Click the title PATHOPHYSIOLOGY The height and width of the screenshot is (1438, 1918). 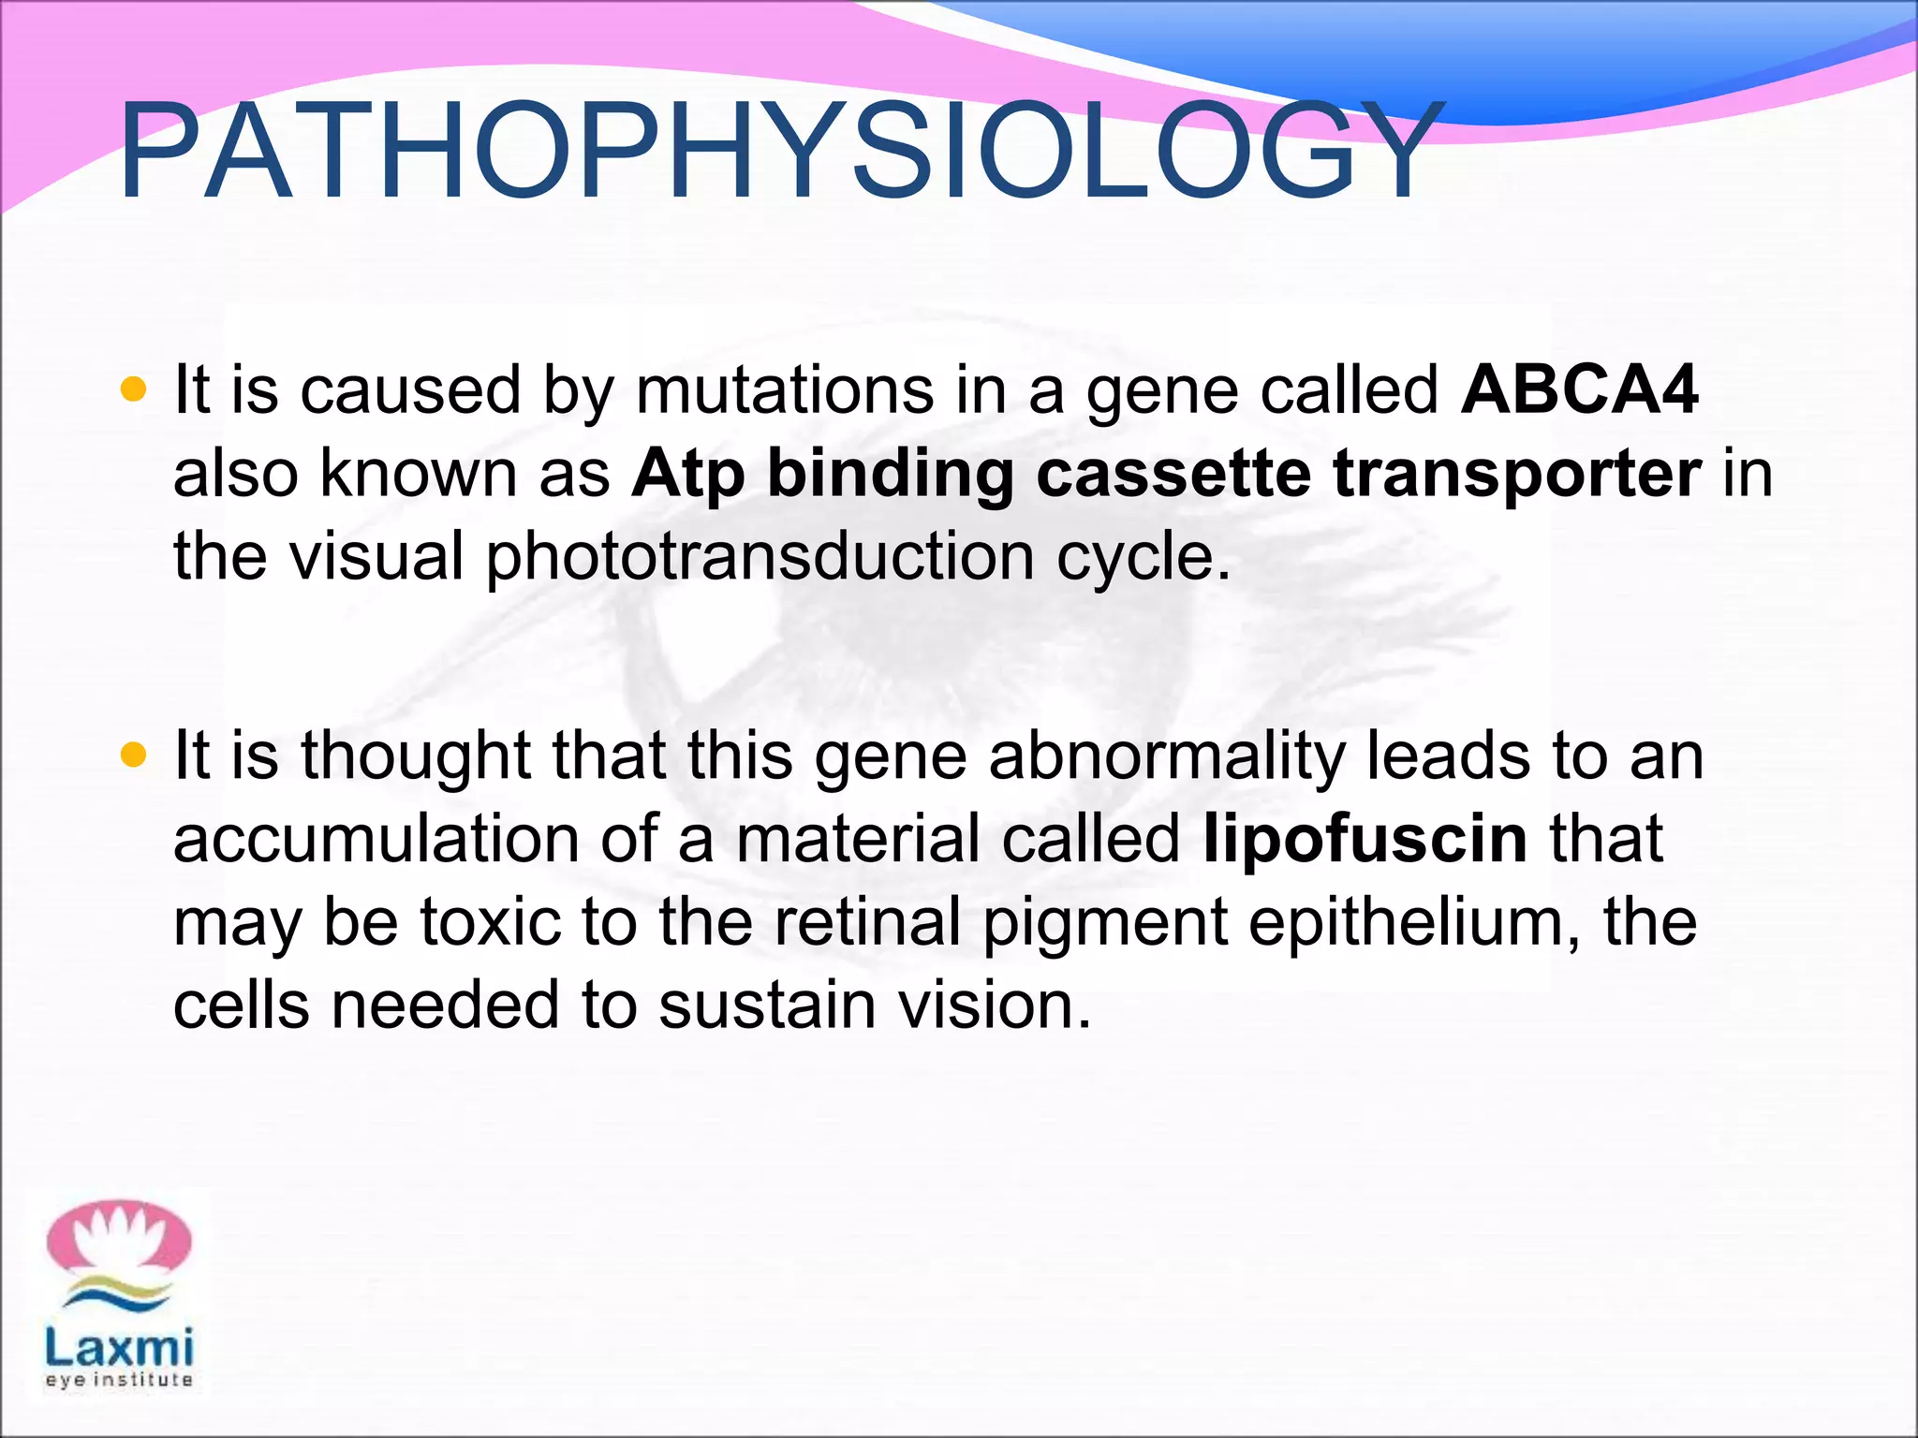pos(777,153)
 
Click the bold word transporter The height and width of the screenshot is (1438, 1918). pos(1517,475)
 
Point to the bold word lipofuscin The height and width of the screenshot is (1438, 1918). pos(1365,839)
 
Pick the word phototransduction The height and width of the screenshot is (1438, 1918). pos(760,558)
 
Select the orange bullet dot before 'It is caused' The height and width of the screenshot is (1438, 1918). pos(134,389)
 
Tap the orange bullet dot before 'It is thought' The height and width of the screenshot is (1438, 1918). pos(134,754)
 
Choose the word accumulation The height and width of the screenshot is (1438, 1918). pos(376,838)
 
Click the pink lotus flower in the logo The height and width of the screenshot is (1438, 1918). pos(119,1241)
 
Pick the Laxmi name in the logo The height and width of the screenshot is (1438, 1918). pos(119,1349)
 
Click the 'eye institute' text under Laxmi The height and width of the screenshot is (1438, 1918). pos(119,1380)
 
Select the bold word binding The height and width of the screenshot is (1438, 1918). pos(891,475)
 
